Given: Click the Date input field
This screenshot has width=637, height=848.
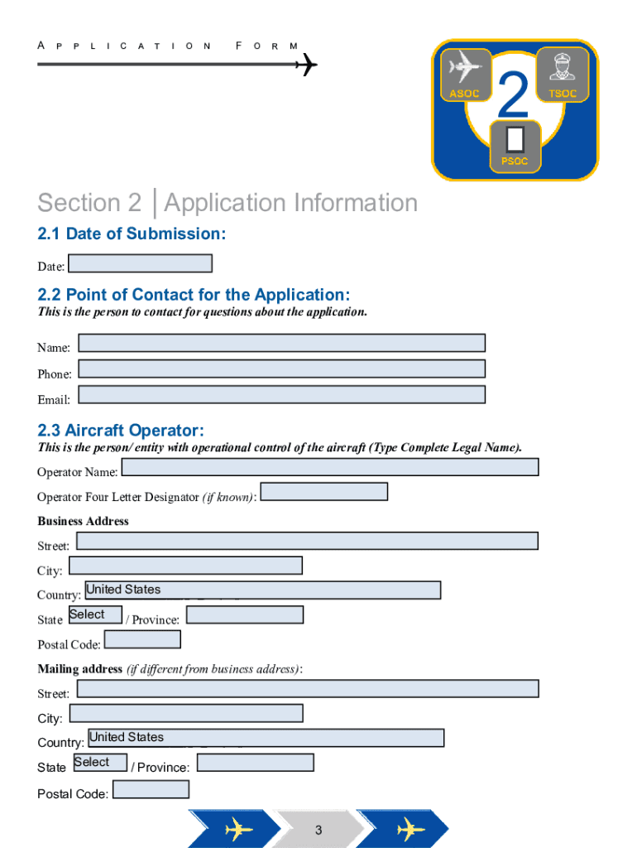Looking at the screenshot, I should [x=140, y=263].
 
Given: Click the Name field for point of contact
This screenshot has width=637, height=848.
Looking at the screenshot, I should [x=281, y=343].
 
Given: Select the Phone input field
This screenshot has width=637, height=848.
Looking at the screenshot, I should [x=281, y=369].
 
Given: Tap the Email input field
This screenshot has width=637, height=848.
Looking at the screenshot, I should [x=281, y=394].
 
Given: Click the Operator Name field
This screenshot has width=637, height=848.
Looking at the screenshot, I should [x=329, y=467].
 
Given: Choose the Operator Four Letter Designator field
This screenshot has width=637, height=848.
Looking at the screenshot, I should [x=323, y=492].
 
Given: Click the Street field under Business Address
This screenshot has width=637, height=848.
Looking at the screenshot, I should [x=307, y=541].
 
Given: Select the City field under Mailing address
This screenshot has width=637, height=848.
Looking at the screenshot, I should [x=186, y=713].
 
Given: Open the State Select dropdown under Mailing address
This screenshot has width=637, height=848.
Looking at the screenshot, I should [x=100, y=762].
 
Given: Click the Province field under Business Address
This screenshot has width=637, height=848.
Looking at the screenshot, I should [x=245, y=614].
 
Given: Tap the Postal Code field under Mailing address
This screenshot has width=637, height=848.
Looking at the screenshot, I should [x=151, y=789].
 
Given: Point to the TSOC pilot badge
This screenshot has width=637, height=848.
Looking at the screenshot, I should [x=563, y=74].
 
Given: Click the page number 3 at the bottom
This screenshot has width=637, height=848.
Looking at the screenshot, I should [x=318, y=830].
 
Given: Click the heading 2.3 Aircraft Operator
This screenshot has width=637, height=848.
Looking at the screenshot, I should [x=121, y=431].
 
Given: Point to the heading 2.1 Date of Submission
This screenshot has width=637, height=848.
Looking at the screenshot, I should [x=132, y=234].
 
